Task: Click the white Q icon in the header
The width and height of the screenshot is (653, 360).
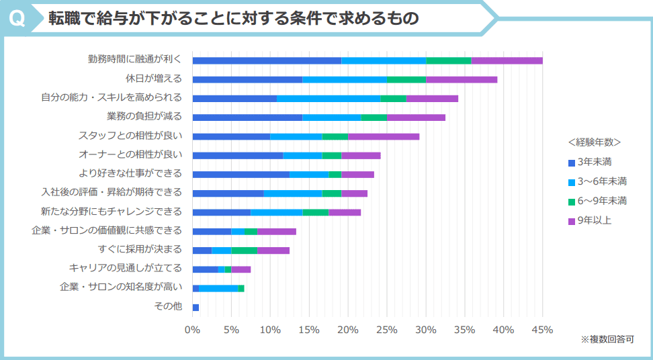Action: coord(18,18)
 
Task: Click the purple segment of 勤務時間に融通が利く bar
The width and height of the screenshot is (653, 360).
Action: coord(507,60)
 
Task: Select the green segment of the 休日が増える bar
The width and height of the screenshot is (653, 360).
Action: coord(406,79)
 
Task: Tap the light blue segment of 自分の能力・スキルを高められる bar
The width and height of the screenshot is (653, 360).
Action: coord(329,98)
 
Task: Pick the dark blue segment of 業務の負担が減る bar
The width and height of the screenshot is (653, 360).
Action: coord(247,118)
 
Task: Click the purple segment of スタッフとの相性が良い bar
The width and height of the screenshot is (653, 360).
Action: coord(383,136)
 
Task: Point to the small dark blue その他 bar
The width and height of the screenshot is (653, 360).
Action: coord(195,307)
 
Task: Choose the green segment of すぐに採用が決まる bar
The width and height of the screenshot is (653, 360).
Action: coord(244,251)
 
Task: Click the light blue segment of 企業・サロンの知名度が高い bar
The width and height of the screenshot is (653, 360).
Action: coord(218,288)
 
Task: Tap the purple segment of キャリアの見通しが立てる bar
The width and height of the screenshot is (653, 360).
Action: coord(241,269)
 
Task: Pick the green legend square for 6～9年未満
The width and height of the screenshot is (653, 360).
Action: coord(572,201)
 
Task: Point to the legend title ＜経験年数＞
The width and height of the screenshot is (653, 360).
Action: coord(595,142)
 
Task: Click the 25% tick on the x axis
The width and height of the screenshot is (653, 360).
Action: coord(386,330)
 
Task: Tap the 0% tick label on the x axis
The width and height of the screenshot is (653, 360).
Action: coord(192,330)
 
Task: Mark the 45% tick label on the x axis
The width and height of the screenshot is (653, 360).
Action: coord(541,330)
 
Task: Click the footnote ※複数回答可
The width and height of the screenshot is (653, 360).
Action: coord(607,340)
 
